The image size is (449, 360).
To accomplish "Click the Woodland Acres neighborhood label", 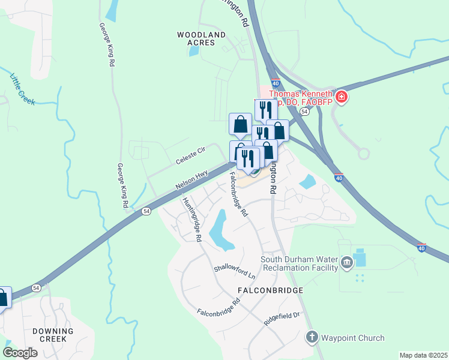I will [x=201, y=38].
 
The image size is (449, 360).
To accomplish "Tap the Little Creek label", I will [x=23, y=88].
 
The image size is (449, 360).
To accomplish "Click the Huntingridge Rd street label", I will [x=192, y=219].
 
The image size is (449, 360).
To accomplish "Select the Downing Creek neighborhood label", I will [x=53, y=335].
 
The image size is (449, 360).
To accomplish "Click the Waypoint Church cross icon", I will [x=311, y=337].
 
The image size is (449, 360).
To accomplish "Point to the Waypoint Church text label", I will [x=352, y=338].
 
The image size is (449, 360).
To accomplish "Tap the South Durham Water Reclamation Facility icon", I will [x=347, y=263].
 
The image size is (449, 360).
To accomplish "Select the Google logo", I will [x=20, y=353].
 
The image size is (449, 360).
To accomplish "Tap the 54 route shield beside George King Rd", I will [x=145, y=211].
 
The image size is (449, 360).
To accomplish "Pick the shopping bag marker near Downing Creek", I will [x=2, y=298].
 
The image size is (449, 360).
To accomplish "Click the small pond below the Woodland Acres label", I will [x=193, y=51].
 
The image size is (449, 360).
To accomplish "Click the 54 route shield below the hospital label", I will [x=305, y=112].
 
